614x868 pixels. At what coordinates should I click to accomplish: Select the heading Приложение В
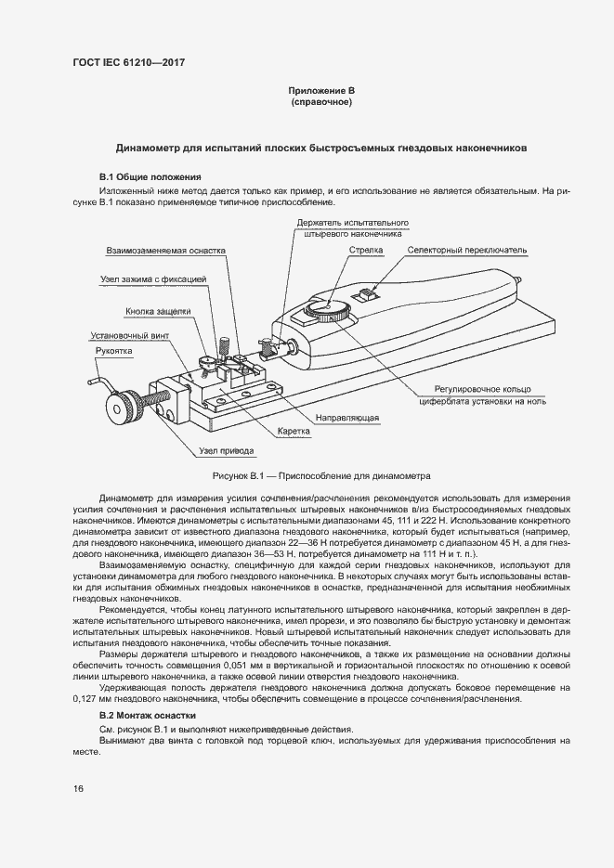pos(321,90)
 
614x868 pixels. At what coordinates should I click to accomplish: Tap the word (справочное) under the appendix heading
pos(321,101)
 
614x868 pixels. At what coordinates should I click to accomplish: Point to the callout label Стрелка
pos(366,251)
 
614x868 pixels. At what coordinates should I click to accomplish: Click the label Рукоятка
pos(114,351)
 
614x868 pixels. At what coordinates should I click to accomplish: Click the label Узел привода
pos(226,451)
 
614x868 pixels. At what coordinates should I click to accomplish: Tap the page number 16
pos(79,788)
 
